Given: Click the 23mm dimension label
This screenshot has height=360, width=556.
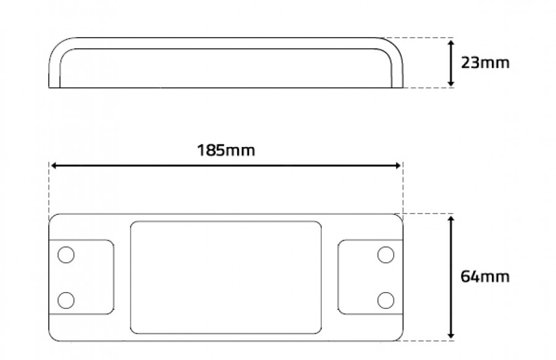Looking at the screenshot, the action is [x=485, y=63].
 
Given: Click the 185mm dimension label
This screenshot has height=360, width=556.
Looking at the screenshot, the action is [x=226, y=150].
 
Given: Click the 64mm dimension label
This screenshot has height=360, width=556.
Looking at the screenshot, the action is [x=485, y=277].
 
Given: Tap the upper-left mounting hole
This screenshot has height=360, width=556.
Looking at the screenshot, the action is [x=66, y=255].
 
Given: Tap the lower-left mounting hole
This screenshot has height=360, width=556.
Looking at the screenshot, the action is [x=66, y=301].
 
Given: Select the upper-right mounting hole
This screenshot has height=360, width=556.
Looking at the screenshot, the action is [x=385, y=255].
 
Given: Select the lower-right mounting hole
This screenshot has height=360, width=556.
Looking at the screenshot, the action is [x=385, y=301].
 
